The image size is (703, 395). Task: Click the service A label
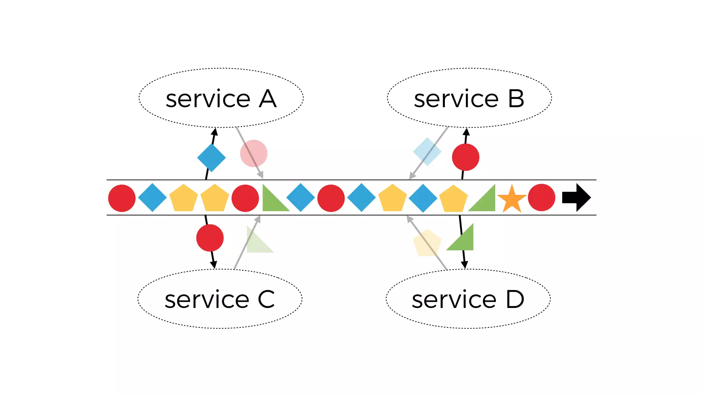[221, 99]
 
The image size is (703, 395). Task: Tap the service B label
[469, 99]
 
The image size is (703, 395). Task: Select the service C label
[220, 299]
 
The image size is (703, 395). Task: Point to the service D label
[468, 299]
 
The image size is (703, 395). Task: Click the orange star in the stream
[511, 199]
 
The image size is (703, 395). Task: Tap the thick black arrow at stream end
[576, 197]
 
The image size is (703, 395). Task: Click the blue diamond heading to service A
[211, 158]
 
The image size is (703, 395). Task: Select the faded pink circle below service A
[253, 153]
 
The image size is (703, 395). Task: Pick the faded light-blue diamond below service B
[427, 152]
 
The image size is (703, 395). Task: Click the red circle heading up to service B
[465, 157]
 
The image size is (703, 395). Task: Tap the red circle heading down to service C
[210, 238]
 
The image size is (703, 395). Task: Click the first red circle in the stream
[122, 198]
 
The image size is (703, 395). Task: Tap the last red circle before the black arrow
[541, 197]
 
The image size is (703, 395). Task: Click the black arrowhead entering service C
[214, 265]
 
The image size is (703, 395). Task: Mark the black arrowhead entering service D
[464, 265]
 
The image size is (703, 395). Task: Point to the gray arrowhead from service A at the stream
[261, 175]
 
